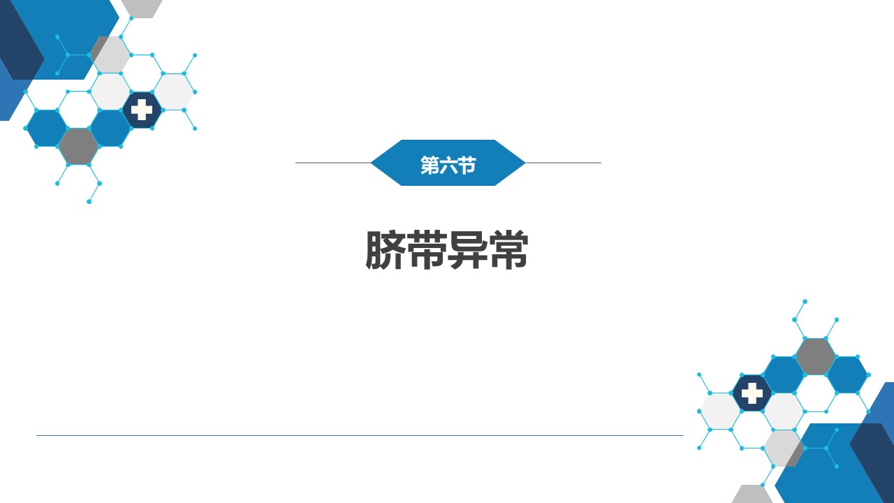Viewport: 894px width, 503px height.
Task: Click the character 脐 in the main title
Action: pyautogui.click(x=386, y=250)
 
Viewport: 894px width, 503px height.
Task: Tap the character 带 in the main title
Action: pyautogui.click(x=427, y=250)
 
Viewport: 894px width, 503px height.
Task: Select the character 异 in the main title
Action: pyautogui.click(x=467, y=250)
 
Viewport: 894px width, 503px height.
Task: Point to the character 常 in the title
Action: pyautogui.click(x=508, y=250)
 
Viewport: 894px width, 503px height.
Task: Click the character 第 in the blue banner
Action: pyautogui.click(x=429, y=166)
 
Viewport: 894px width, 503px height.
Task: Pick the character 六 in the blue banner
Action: pyautogui.click(x=448, y=166)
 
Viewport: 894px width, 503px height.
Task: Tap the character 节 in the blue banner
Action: pyautogui.click(x=467, y=166)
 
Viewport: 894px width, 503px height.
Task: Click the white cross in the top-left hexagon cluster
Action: pyautogui.click(x=142, y=110)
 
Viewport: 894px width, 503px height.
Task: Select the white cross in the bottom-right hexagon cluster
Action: pyautogui.click(x=752, y=393)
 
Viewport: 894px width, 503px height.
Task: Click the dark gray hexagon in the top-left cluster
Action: pyautogui.click(x=79, y=147)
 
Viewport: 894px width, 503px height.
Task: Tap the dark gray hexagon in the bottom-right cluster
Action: pyautogui.click(x=815, y=356)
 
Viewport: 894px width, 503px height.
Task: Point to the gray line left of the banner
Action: pyautogui.click(x=333, y=163)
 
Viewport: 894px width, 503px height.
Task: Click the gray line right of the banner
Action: pyautogui.click(x=563, y=163)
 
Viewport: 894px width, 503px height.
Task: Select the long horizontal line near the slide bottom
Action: pyautogui.click(x=360, y=435)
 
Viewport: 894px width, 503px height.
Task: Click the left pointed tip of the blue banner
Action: pyautogui.click(x=371, y=163)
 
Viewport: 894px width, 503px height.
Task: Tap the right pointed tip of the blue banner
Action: pyautogui.click(x=525, y=163)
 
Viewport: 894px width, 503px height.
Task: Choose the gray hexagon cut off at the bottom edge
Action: pyautogui.click(x=752, y=494)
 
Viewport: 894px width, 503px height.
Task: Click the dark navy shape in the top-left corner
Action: pyautogui.click(x=20, y=40)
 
